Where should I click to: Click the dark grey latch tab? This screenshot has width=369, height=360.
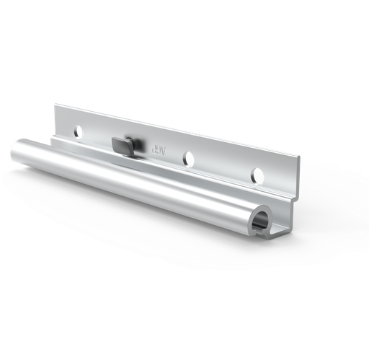pyautogui.click(x=124, y=144)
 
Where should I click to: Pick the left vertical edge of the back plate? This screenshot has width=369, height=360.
pyautogui.click(x=55, y=119)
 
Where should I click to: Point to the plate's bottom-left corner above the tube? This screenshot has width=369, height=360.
pyautogui.click(x=52, y=136)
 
